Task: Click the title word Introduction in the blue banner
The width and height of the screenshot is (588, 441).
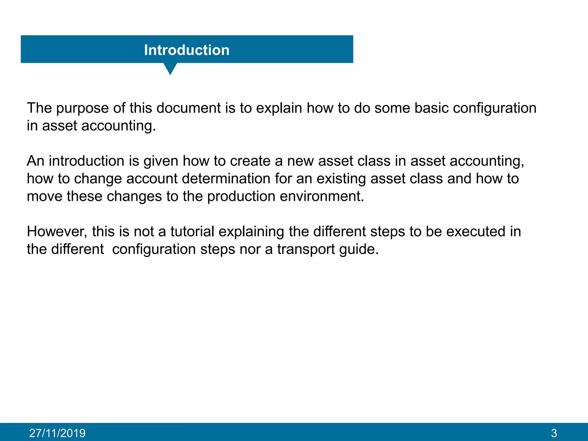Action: pos(187,50)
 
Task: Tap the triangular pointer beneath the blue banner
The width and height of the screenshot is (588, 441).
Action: pos(170,68)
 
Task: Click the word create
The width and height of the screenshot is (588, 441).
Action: pos(250,161)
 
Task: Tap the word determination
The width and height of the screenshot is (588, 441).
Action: pos(226,179)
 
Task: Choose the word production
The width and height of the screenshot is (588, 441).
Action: pos(241,197)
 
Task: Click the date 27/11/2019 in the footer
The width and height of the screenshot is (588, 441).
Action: pos(57,433)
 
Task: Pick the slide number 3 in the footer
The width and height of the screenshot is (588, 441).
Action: pos(554,433)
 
